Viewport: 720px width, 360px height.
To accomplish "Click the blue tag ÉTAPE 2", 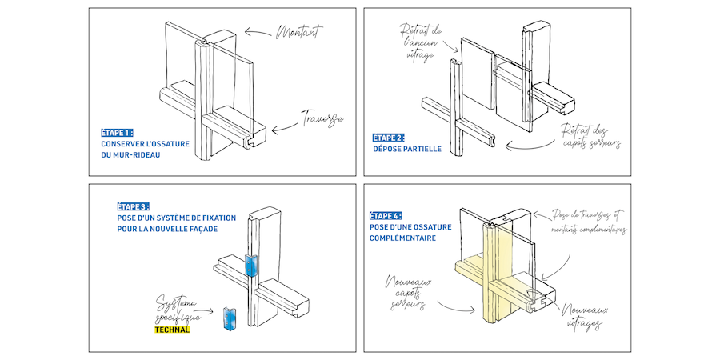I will [x=389, y=137].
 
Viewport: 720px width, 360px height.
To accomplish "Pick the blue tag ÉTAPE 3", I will [x=133, y=206].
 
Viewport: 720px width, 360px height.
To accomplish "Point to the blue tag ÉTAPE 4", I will [x=386, y=215].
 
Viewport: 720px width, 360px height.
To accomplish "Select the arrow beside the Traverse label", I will [x=285, y=126].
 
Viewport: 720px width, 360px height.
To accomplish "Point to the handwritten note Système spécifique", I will [x=176, y=307].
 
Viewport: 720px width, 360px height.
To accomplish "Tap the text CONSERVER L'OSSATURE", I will [x=146, y=144].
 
